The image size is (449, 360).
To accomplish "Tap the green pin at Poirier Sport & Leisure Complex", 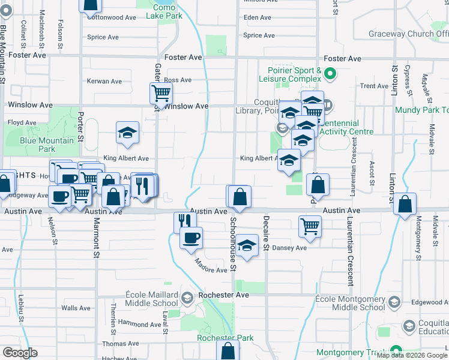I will tap(330, 75).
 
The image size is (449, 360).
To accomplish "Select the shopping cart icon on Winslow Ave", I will tap(161, 94).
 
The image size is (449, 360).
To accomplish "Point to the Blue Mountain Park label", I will tap(47, 145).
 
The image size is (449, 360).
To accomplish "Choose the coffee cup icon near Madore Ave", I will tap(191, 238).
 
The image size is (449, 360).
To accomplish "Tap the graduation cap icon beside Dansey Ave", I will tap(246, 245).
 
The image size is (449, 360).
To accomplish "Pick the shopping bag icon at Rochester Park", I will tap(227, 350).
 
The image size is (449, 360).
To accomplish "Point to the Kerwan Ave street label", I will tap(104, 81).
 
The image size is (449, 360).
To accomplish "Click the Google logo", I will tap(20, 353).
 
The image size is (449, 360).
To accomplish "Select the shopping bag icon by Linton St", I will tap(406, 203).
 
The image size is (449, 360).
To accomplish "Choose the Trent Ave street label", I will tap(375, 86).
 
